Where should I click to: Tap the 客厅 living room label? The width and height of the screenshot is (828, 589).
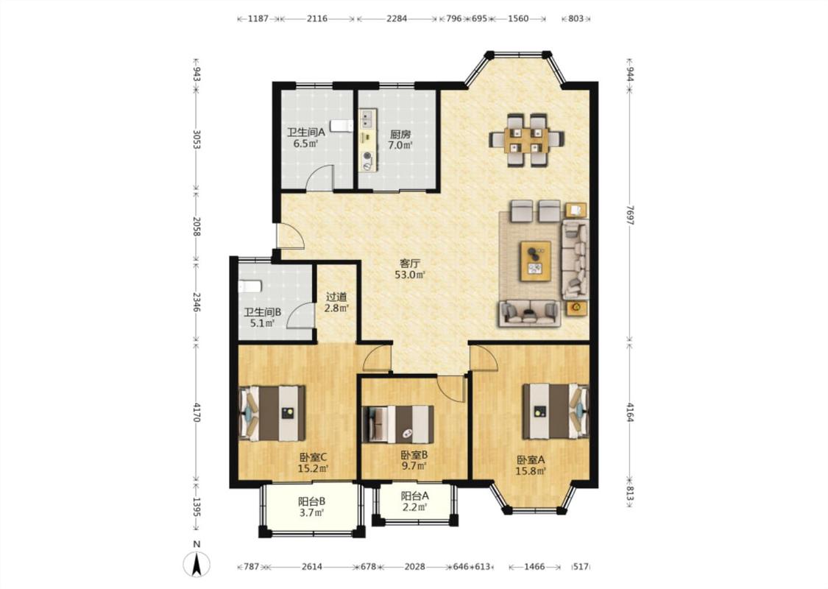pos(410,263)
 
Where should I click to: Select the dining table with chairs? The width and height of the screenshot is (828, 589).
pos(526,140)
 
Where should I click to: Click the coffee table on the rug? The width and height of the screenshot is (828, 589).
pos(536,261)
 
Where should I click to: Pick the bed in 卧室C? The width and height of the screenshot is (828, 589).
pos(272,413)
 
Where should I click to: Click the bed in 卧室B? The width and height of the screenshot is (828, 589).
pos(397,424)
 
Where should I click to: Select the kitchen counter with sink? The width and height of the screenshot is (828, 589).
pos(368,140)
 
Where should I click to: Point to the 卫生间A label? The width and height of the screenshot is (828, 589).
pos(305,132)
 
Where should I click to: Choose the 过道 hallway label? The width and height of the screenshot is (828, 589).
pos(336,297)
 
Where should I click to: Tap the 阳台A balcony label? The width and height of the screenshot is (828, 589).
pos(414,496)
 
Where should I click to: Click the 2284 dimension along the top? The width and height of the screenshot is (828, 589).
pos(397,18)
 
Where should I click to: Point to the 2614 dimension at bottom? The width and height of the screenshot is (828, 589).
pos(311,567)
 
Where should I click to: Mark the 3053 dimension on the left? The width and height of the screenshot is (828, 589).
pos(196,139)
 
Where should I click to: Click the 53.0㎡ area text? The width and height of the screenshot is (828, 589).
pos(410,274)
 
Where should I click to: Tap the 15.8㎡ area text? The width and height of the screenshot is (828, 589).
pos(531,471)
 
